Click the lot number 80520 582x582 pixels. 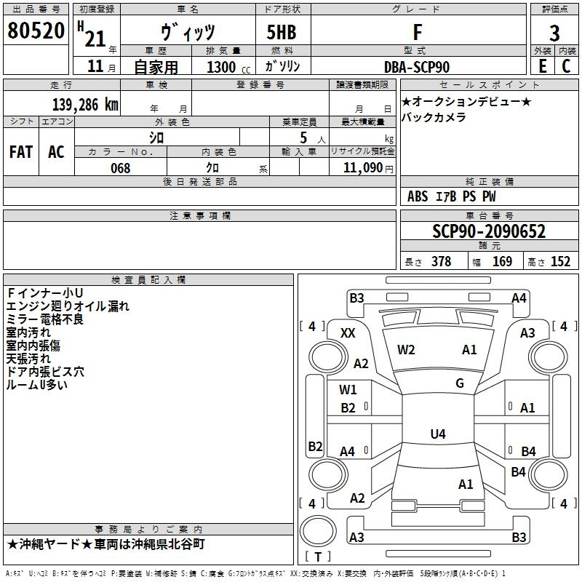coord(36,31)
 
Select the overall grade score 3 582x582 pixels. coord(554,33)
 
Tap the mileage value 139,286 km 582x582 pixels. coord(85,105)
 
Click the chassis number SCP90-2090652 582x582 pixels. coord(489,231)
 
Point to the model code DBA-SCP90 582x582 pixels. coord(417,67)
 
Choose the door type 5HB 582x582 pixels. coord(282,32)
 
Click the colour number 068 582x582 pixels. coord(121,168)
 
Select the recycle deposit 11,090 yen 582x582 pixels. coord(368,168)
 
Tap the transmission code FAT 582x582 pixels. coord(21,152)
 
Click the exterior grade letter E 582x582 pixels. coord(543,66)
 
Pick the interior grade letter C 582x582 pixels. coord(566,66)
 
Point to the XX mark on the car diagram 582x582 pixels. coord(348,333)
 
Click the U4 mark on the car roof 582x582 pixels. coord(438,434)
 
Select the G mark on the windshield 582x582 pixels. coord(460,383)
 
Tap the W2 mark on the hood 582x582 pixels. coord(406,350)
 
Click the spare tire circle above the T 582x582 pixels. coord(318,531)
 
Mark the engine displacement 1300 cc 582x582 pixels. coord(228,68)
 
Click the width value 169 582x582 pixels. coord(502,261)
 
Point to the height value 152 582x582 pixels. coord(560,261)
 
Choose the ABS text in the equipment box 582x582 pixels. coord(418,196)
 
